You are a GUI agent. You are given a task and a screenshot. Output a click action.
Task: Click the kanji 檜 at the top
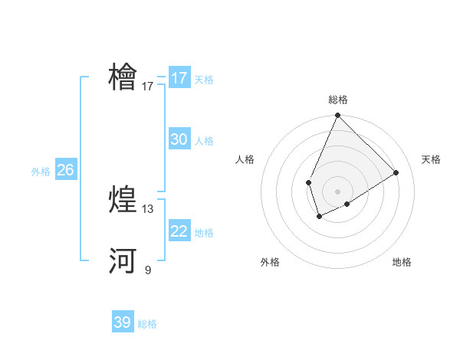pyautogui.click(x=123, y=77)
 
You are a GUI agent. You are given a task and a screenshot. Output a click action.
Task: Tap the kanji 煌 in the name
pyautogui.click(x=123, y=199)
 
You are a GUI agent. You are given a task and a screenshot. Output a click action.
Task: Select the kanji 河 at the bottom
pyautogui.click(x=123, y=260)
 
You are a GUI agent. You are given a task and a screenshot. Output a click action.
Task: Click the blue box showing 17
pyautogui.click(x=179, y=78)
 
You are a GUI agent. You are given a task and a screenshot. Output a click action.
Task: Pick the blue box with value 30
pyautogui.click(x=179, y=139)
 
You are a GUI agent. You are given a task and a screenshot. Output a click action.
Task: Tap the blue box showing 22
pyautogui.click(x=179, y=231)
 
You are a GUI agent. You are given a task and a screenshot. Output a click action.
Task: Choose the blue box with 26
pyautogui.click(x=65, y=170)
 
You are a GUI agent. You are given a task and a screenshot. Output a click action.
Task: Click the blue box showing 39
pyautogui.click(x=123, y=322)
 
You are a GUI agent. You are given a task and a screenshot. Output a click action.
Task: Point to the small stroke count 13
pyautogui.click(x=148, y=209)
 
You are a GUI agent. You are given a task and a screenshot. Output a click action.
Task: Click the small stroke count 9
pyautogui.click(x=148, y=270)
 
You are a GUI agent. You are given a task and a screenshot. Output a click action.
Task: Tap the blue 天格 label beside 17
pyautogui.click(x=204, y=80)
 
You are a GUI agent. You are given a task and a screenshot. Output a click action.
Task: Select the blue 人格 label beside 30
pyautogui.click(x=204, y=141)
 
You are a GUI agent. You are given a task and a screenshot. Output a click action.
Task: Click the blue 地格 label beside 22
pyautogui.click(x=204, y=233)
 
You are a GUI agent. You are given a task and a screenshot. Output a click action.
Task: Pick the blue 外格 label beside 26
pyautogui.click(x=41, y=172)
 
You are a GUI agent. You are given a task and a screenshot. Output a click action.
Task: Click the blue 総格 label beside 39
pyautogui.click(x=147, y=324)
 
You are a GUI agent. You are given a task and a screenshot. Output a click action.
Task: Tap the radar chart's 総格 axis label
pyautogui.click(x=338, y=100)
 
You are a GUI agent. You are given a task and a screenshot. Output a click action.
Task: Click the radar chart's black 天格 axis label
pyautogui.click(x=431, y=159)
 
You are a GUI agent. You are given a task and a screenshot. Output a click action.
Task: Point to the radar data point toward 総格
pyautogui.click(x=337, y=116)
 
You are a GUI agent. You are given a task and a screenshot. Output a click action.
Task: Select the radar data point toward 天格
pyautogui.click(x=396, y=172)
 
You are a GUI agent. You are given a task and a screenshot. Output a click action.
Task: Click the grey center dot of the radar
pyautogui.click(x=337, y=191)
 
